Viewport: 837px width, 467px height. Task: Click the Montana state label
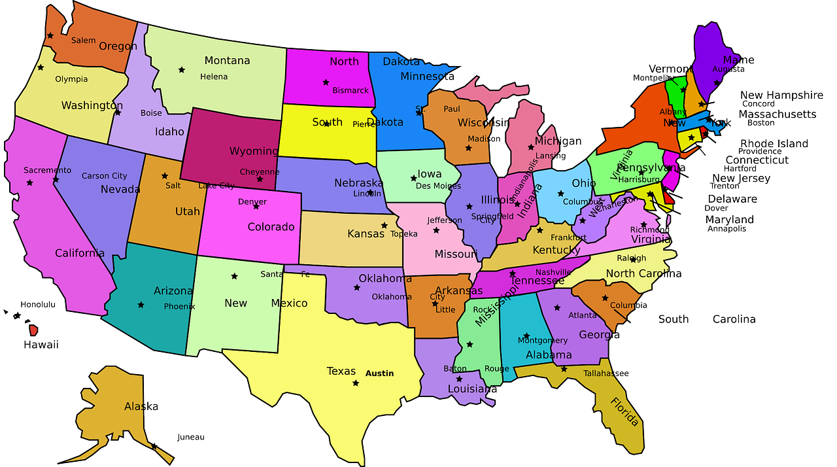pos(227,61)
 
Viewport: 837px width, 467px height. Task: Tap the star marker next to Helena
pos(182,70)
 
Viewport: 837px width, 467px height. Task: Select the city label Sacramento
pos(47,170)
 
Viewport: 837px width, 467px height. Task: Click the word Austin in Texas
pos(379,373)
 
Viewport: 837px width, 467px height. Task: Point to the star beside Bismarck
pos(326,82)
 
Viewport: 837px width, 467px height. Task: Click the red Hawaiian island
pos(33,330)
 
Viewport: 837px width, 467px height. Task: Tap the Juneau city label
pos(191,437)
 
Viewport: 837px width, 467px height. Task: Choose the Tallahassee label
pos(606,373)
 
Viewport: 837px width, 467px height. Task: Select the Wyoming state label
pos(254,151)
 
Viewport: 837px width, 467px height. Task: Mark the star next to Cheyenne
pos(260,179)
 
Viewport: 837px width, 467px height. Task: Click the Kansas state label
pos(366,233)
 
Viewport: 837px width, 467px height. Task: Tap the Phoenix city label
pos(179,306)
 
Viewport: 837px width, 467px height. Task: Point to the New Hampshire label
pos(781,95)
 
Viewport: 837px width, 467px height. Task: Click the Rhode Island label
pos(774,144)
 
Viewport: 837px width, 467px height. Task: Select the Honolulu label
pos(38,304)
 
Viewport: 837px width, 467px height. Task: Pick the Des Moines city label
pos(438,186)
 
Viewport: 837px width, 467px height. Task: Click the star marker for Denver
pos(256,207)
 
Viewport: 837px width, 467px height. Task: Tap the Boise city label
pos(151,113)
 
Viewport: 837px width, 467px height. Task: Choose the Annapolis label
pos(726,229)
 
